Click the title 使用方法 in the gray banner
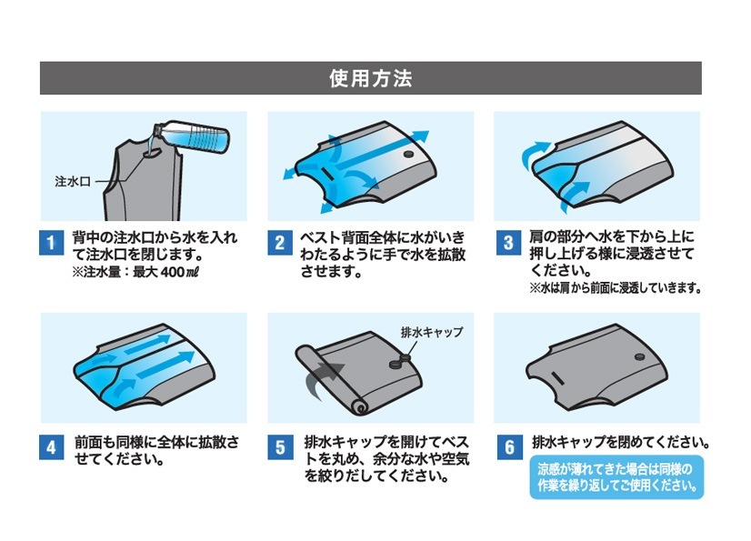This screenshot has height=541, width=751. [371, 78]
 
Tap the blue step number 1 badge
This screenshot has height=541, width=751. [51, 243]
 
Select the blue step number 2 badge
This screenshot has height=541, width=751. [280, 243]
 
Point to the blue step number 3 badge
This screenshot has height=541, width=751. [508, 243]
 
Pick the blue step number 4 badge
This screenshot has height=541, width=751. [51, 447]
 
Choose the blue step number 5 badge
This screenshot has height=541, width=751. [280, 447]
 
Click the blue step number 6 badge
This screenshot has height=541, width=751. [509, 447]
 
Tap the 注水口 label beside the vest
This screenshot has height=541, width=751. [73, 182]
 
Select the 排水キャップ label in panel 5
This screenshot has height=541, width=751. [432, 332]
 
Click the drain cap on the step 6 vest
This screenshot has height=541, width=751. [639, 357]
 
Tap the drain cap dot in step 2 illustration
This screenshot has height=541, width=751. [408, 155]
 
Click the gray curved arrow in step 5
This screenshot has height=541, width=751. [321, 381]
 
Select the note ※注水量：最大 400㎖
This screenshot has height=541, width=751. [135, 272]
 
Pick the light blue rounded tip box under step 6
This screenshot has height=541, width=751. [616, 477]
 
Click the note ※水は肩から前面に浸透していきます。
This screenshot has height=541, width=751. [616, 288]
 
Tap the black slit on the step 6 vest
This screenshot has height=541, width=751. [558, 378]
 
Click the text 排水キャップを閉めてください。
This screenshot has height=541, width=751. [621, 442]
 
